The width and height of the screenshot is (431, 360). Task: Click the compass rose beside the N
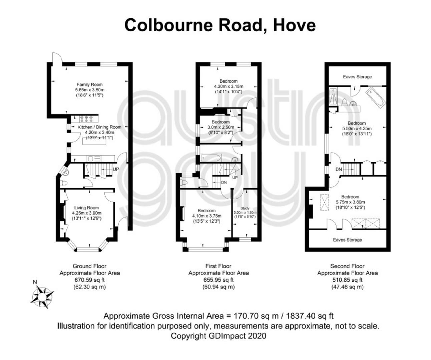click(x=42, y=297)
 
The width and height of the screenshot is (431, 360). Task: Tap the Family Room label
click(x=90, y=84)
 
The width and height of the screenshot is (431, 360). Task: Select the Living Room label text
click(x=86, y=208)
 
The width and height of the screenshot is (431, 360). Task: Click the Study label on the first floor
click(x=245, y=208)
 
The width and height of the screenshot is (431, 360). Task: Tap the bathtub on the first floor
click(x=210, y=158)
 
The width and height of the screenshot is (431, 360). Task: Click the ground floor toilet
click(x=64, y=183)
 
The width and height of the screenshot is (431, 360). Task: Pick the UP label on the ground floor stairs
click(x=116, y=169)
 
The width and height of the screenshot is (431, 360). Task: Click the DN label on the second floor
click(x=339, y=169)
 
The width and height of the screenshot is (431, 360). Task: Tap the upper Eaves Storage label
click(x=358, y=77)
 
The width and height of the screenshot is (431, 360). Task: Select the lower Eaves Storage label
click(x=347, y=240)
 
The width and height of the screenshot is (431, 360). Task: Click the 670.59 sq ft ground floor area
click(x=90, y=280)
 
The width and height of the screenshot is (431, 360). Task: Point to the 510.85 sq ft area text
click(x=347, y=280)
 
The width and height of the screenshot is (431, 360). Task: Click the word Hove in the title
click(x=295, y=25)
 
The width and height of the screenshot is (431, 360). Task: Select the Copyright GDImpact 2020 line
click(x=219, y=336)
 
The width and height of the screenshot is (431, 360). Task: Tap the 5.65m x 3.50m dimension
click(x=90, y=90)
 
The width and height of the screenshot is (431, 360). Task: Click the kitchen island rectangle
click(x=94, y=141)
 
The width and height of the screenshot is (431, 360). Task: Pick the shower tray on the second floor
click(x=333, y=96)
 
